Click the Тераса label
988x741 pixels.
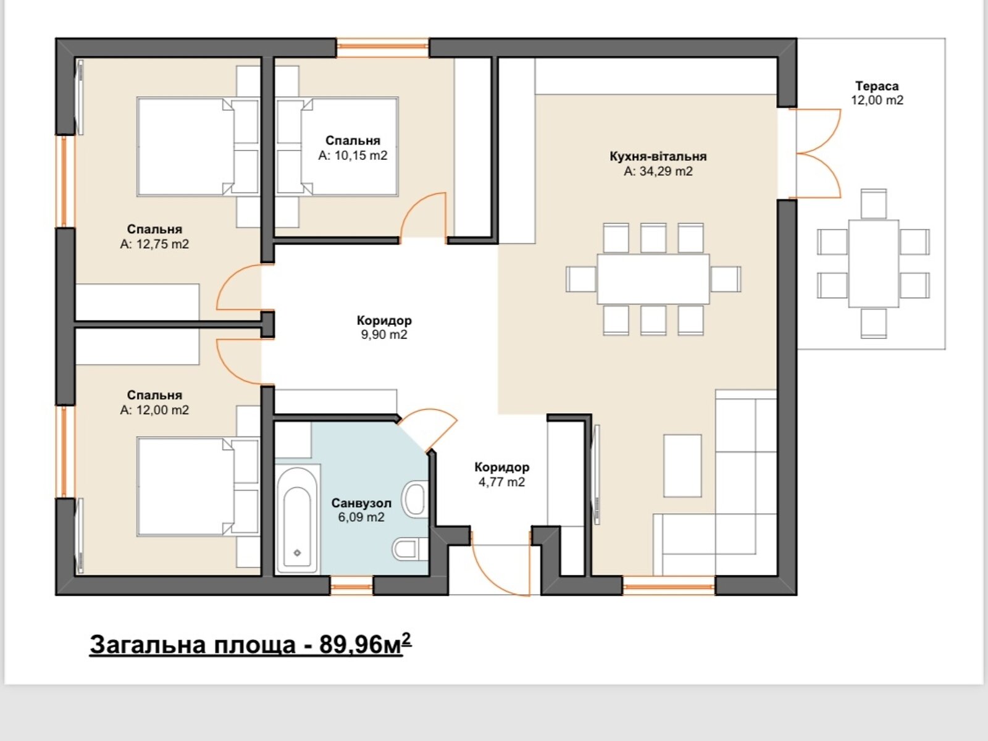[x=877, y=86]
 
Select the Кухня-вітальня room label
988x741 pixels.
[x=658, y=157]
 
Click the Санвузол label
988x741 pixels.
[x=361, y=503]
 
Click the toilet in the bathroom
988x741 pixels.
[x=409, y=549]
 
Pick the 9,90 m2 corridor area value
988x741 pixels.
[x=384, y=335]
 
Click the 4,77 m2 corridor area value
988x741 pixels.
[x=502, y=482]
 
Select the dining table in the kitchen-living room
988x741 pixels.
[x=653, y=279]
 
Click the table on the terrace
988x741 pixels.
[x=874, y=264]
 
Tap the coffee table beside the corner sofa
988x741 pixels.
[x=682, y=466]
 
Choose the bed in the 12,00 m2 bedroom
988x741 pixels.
[x=198, y=487]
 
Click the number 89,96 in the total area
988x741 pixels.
[x=346, y=644]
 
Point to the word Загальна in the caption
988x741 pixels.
[x=148, y=644]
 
